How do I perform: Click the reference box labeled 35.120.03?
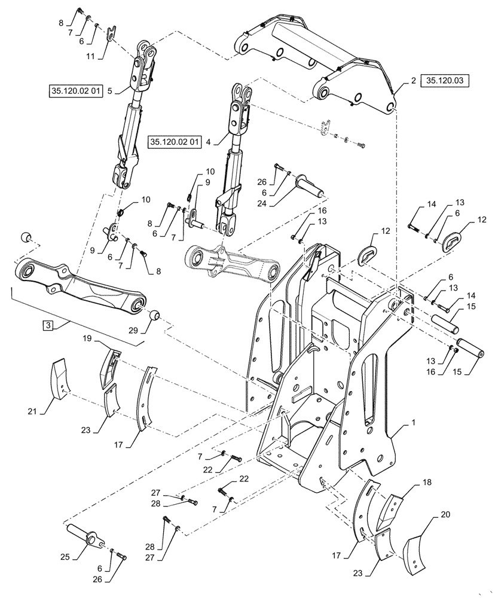click(446, 80)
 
